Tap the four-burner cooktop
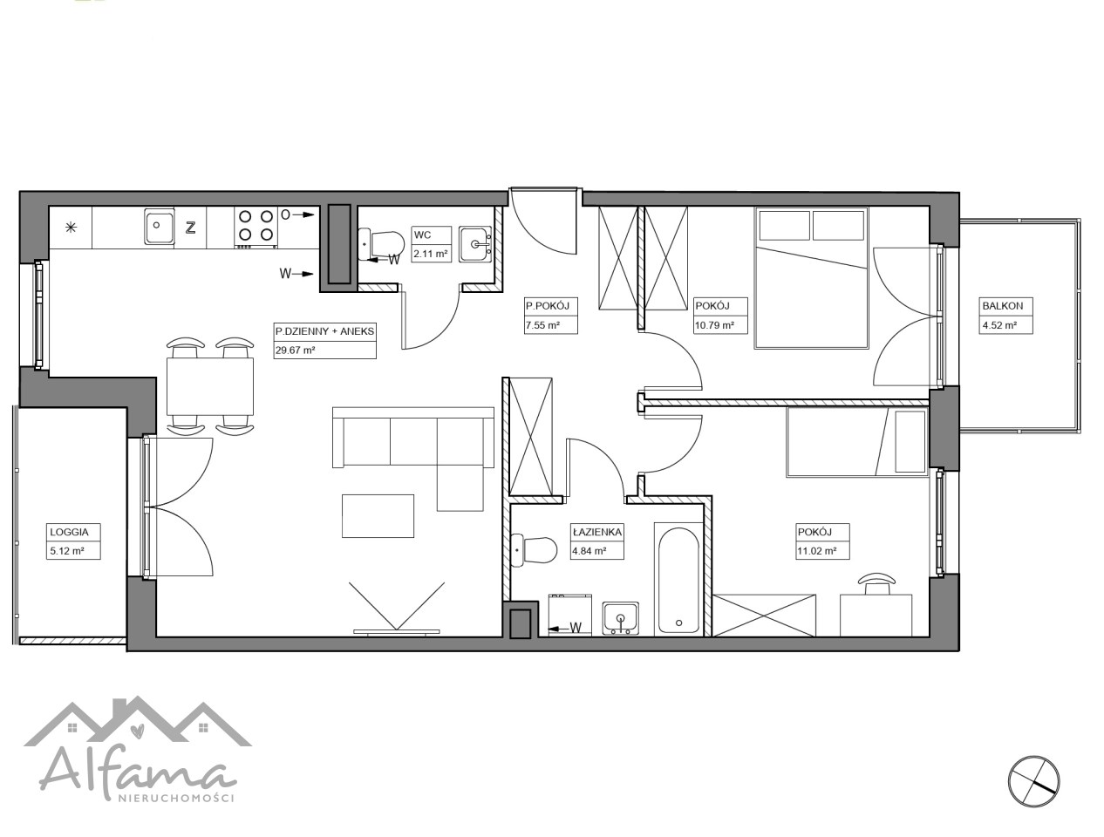coord(256,228)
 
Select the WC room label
coord(422,235)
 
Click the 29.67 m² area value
coord(295,350)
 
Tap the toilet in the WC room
coord(381,245)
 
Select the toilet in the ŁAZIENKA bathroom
coord(535,550)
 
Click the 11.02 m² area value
coord(816,551)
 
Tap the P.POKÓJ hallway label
coord(548,306)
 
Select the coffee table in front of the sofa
coord(378,516)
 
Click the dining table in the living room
coord(210,386)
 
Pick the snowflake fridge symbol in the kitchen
coord(71,228)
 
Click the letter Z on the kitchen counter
coord(190,228)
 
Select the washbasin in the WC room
coord(475,244)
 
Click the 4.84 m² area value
coord(589,551)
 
